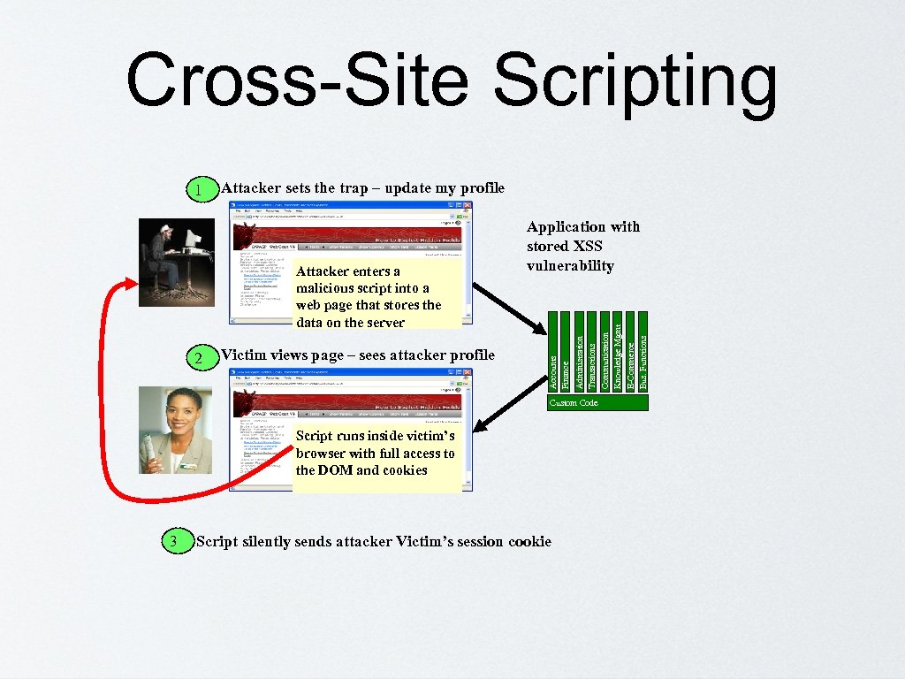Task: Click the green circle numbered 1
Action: click(x=202, y=190)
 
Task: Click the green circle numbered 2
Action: click(x=202, y=358)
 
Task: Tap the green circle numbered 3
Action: click(x=176, y=541)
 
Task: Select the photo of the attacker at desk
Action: click(x=176, y=263)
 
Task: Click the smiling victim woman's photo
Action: click(x=176, y=430)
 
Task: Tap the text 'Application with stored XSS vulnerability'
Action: click(x=582, y=246)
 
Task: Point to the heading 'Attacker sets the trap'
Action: click(x=362, y=187)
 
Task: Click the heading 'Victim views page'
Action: click(x=357, y=355)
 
